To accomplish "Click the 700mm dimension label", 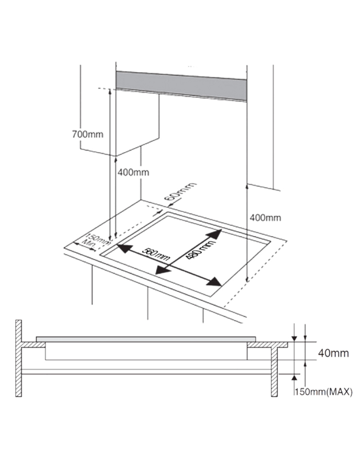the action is tap(87, 134).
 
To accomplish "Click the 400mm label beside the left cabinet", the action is tap(133, 172).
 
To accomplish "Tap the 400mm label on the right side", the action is tap(265, 218).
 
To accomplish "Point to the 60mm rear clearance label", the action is tap(180, 193).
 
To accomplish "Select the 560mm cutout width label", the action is tap(156, 254).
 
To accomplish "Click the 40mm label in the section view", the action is tap(333, 353).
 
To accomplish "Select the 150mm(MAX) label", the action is tap(324, 391).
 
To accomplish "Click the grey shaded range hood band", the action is tap(181, 85).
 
